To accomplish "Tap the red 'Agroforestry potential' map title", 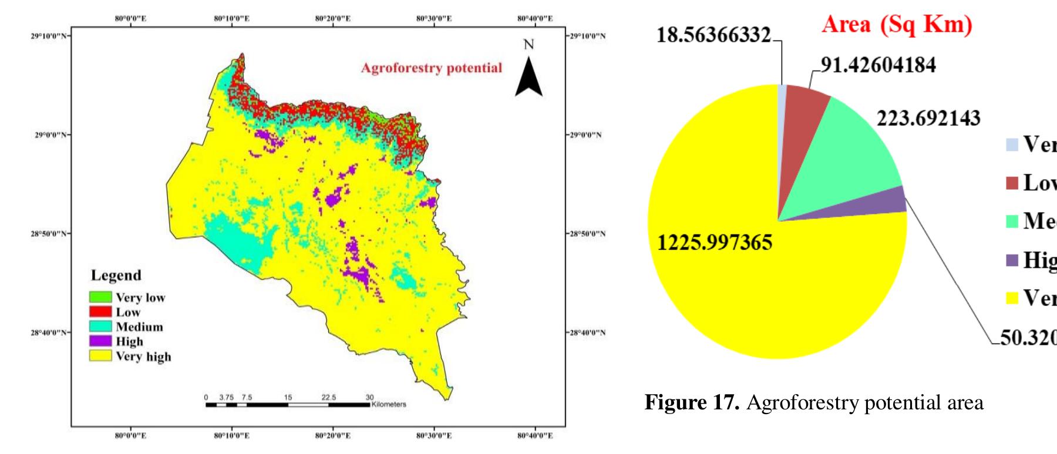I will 432,68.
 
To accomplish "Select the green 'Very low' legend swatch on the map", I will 100,297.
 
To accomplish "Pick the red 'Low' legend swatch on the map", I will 100,311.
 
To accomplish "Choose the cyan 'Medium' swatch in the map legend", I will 100,326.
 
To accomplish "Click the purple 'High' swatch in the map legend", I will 100,341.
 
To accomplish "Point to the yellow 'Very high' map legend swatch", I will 100,355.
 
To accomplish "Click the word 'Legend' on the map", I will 116,275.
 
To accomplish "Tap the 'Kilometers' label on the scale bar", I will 389,404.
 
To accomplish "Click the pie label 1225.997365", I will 715,242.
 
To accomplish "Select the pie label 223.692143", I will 928,119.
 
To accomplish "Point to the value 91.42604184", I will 878,65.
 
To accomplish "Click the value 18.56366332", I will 713,35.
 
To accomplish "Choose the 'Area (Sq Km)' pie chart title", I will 897,25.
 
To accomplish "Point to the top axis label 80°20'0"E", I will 333,18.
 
